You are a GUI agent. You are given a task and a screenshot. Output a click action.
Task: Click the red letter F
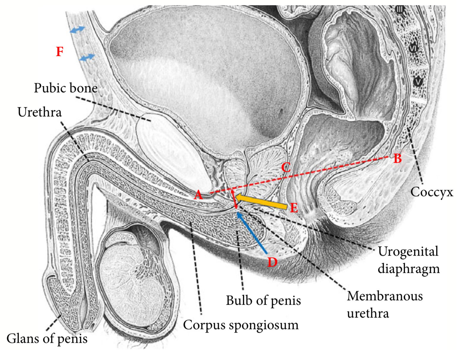pyautogui.click(x=60, y=51)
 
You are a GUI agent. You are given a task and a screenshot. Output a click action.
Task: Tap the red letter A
pyautogui.click(x=198, y=195)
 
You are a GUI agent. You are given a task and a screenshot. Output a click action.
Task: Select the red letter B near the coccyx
pyautogui.click(x=397, y=159)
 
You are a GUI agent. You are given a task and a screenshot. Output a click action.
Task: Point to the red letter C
pyautogui.click(x=286, y=168)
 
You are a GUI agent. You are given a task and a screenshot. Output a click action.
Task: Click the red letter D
pyautogui.click(x=272, y=262)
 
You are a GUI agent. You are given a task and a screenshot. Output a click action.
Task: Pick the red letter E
pyautogui.click(x=294, y=208)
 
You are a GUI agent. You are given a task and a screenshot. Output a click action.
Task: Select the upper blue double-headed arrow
pyautogui.click(x=77, y=29)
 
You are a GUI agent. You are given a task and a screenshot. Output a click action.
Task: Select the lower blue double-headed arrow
pyautogui.click(x=87, y=57)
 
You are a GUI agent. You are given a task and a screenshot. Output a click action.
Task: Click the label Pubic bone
pyautogui.click(x=66, y=88)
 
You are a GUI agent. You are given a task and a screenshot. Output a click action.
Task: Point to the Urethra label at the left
pyautogui.click(x=40, y=112)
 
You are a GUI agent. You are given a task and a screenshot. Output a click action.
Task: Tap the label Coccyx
pyautogui.click(x=432, y=192)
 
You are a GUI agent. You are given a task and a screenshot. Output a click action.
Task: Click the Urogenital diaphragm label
pyautogui.click(x=408, y=260)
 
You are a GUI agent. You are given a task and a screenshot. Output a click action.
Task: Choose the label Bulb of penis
pyautogui.click(x=263, y=300)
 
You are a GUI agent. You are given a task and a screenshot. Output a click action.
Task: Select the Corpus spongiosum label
pyautogui.click(x=241, y=325)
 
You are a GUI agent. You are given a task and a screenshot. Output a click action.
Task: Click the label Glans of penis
pyautogui.click(x=47, y=339)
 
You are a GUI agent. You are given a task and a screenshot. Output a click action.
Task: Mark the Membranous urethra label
pyautogui.click(x=385, y=304)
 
